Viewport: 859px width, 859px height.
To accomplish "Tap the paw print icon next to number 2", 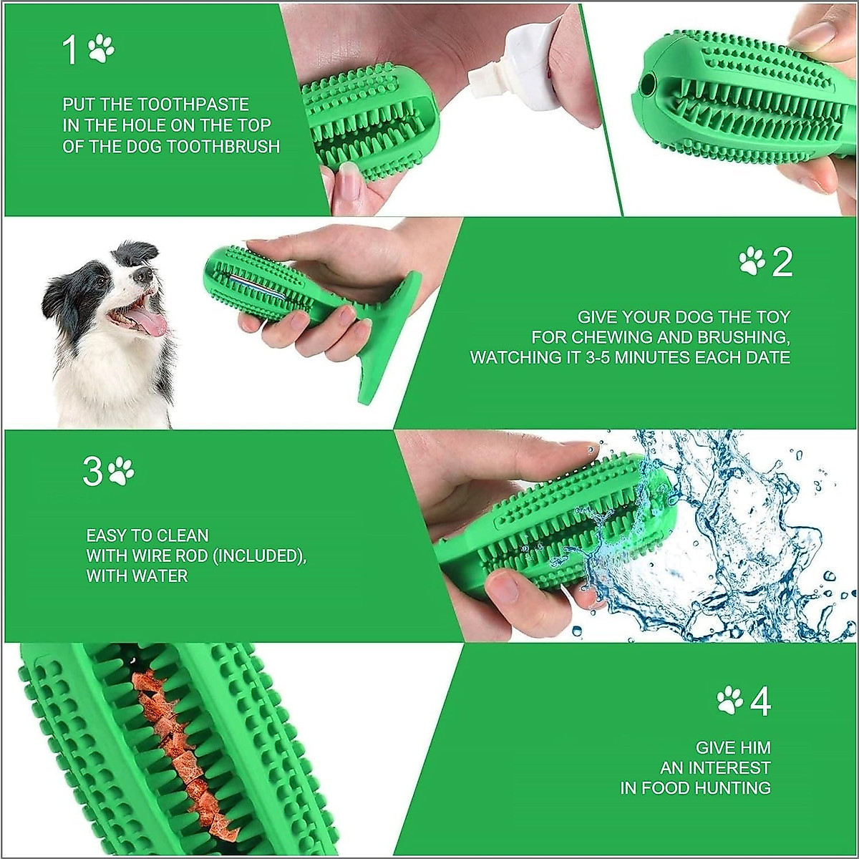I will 752,261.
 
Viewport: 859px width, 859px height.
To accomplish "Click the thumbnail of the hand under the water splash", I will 504,588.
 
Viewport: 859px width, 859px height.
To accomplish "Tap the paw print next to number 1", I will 101,49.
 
